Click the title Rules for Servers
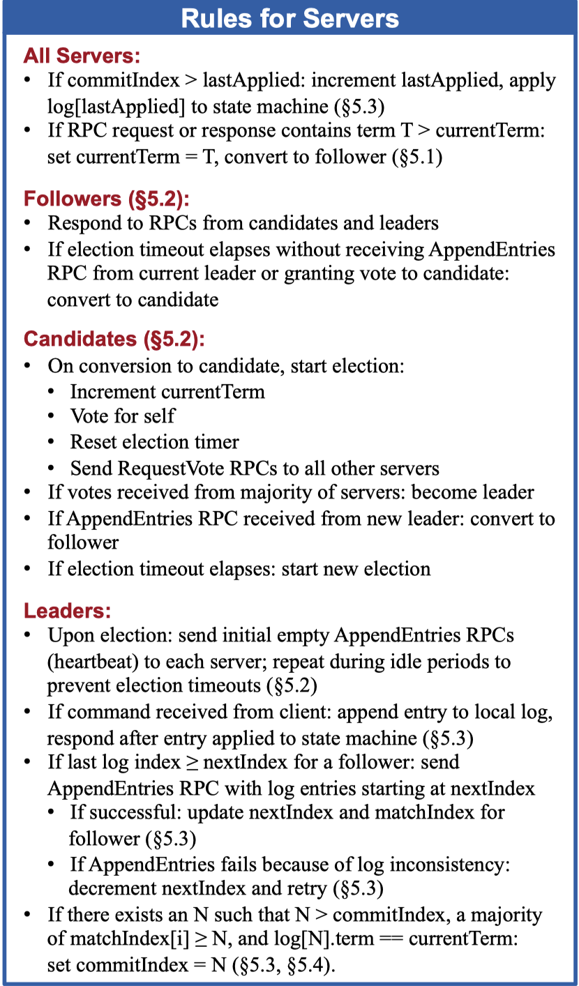coord(289,18)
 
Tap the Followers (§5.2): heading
coord(107,199)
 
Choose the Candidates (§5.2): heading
coord(114,340)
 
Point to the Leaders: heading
coord(68,612)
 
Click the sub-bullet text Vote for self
coord(122,416)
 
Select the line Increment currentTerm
coord(167,391)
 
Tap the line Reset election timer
coord(154,442)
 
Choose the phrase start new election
coord(356,568)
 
